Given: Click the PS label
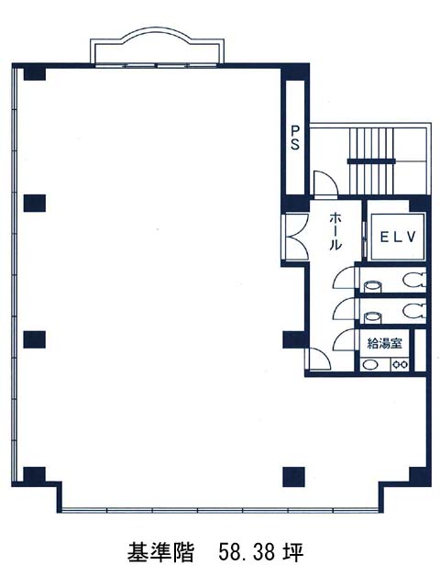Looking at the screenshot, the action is click(295, 138).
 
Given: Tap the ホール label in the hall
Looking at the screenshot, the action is click(335, 231).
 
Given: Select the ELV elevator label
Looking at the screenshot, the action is click(398, 237).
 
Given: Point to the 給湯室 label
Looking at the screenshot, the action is click(384, 343).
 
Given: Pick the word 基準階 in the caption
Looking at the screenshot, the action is click(160, 552).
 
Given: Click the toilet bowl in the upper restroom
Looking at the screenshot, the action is click(414, 279).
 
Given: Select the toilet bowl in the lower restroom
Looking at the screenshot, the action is click(414, 310).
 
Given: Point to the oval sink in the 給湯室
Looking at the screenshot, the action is click(370, 365).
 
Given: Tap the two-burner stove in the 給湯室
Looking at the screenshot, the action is click(401, 364).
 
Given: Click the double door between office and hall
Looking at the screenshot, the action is click(294, 237).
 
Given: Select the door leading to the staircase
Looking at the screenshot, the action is click(325, 183).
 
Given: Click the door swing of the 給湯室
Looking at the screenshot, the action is click(345, 338).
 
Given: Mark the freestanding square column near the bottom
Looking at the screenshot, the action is click(293, 476).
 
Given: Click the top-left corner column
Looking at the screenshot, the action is click(35, 73).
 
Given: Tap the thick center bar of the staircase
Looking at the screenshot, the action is click(371, 161).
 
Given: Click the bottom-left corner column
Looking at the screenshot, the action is click(35, 475).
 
